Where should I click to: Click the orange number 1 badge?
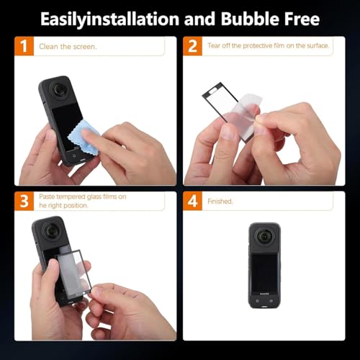(24, 48)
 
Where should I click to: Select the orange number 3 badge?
(24, 201)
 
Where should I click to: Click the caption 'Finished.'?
(220, 201)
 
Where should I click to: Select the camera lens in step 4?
(261, 240)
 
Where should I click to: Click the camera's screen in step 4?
(261, 274)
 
